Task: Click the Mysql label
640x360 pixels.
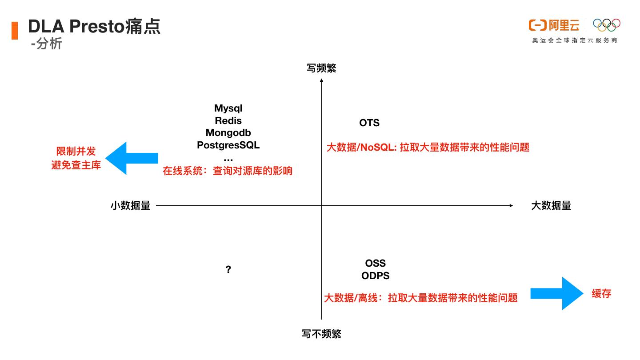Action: click(x=228, y=108)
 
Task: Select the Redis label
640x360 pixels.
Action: click(x=228, y=120)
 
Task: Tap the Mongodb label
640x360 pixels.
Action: click(x=228, y=132)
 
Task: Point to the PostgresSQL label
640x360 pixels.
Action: click(x=228, y=145)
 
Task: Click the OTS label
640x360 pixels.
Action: click(x=369, y=123)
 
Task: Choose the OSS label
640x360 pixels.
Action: click(x=376, y=264)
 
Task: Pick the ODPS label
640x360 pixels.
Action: click(x=376, y=276)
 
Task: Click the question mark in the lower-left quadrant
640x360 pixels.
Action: click(x=228, y=269)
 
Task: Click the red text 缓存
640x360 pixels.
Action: click(x=601, y=293)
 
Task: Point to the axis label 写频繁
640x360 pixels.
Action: click(x=321, y=68)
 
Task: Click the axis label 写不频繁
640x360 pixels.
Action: click(x=321, y=334)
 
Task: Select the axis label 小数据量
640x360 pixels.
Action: click(x=130, y=205)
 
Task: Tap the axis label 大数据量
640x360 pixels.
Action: click(x=551, y=205)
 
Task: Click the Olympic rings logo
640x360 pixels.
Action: click(x=606, y=25)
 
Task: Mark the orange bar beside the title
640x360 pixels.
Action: click(x=15, y=30)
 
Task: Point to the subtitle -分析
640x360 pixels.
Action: click(x=47, y=44)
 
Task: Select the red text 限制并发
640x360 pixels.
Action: click(x=76, y=152)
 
